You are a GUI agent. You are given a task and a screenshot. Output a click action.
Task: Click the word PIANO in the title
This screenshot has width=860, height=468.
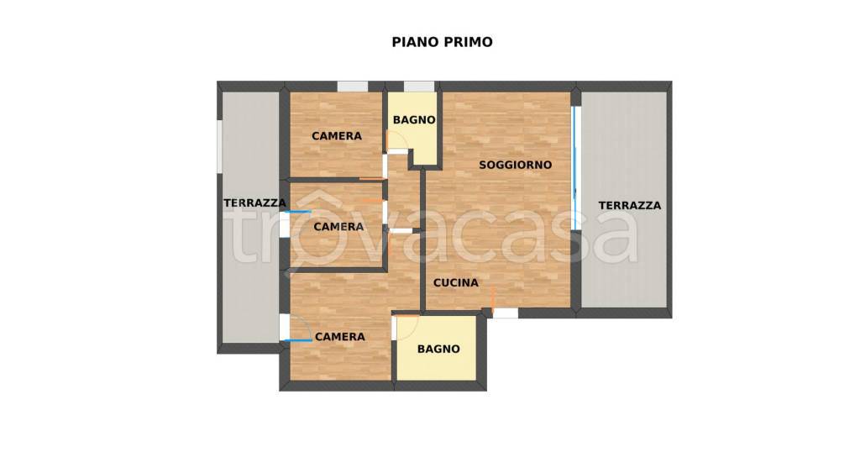(x=412, y=41)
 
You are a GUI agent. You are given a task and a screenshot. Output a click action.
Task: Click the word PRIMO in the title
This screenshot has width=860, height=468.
(x=469, y=41)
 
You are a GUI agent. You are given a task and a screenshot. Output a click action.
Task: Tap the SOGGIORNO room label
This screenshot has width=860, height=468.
(x=515, y=165)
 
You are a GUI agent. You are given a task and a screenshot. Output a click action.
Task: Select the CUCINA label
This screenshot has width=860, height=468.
(x=455, y=283)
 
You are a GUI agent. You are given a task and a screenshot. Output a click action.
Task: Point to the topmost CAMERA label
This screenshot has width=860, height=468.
(x=337, y=136)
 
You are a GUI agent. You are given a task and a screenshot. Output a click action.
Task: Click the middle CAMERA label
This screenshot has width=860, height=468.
(x=338, y=227)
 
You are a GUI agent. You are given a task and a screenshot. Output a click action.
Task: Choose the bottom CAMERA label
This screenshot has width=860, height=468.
(x=339, y=337)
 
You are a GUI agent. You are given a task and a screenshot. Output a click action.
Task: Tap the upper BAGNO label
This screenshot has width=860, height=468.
(x=414, y=120)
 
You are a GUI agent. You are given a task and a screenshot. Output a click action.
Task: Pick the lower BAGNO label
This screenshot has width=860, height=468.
(x=438, y=349)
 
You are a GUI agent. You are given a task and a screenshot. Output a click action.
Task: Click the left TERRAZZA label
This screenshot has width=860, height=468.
(x=254, y=202)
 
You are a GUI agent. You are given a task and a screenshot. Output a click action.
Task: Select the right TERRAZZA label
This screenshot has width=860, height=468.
(x=629, y=205)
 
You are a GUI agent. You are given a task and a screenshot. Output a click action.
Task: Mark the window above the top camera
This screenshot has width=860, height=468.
(x=353, y=86)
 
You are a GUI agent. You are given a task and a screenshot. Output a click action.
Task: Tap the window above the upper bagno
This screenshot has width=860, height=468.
(x=418, y=86)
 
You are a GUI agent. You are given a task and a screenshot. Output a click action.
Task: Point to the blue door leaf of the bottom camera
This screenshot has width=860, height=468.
(x=297, y=340)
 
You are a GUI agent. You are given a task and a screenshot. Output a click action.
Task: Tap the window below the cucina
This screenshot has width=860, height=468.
(x=505, y=313)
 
